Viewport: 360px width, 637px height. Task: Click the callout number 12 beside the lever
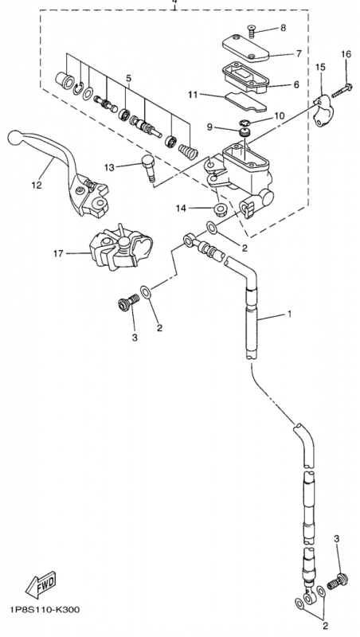(x=36, y=186)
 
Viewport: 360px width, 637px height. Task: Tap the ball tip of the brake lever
(x=13, y=136)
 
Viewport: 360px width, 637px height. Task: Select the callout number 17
(x=57, y=255)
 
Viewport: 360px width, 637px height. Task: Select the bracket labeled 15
(x=323, y=109)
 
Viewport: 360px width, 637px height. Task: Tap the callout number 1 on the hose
(x=289, y=315)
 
